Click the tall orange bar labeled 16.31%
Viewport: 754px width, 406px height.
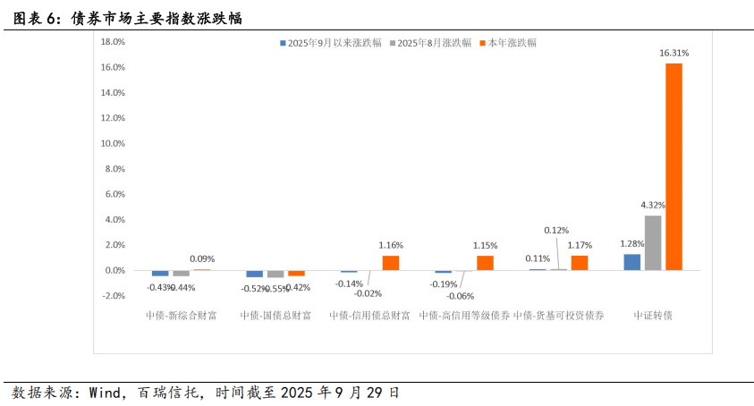674,166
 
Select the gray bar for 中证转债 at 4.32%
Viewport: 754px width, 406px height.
653,242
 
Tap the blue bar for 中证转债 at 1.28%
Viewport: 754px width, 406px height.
632,261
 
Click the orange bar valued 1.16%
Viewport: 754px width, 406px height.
391,263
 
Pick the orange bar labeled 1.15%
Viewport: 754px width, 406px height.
485,263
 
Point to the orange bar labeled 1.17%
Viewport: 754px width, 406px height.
580,263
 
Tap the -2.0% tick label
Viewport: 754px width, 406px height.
112,295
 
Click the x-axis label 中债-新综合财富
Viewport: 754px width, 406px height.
181,316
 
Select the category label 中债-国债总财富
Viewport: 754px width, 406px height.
275,316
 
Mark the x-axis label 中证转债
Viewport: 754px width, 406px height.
653,316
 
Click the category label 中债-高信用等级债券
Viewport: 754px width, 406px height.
464,316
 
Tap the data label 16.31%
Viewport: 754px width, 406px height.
674,53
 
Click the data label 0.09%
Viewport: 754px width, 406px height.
202,259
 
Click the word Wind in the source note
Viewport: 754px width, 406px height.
106,392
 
